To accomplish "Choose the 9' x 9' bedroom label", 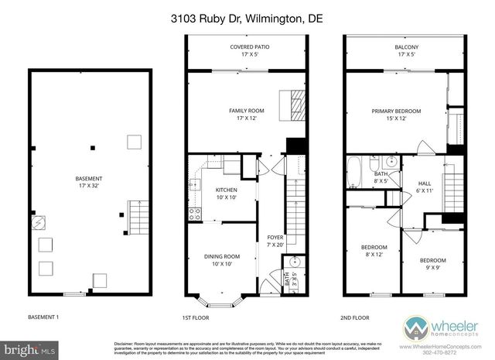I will (433, 264).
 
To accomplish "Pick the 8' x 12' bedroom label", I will (374, 252).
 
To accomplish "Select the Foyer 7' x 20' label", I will (275, 241).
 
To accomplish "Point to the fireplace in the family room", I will (288, 102).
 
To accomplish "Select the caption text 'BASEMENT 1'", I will (43, 316).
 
